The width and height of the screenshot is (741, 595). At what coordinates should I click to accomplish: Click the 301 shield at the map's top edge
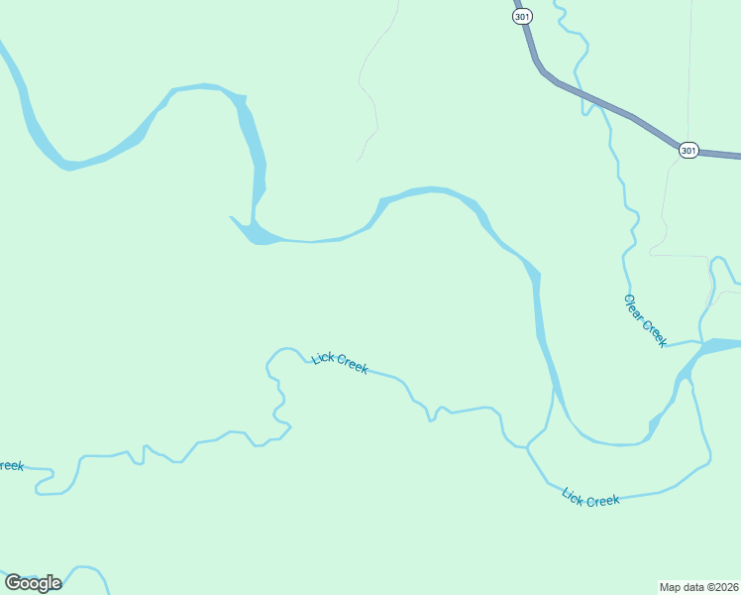click(523, 16)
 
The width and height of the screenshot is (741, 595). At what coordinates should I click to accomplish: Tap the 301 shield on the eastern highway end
click(688, 150)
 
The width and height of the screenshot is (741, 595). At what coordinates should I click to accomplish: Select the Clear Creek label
click(645, 320)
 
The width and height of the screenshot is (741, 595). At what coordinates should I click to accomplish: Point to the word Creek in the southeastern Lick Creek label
click(603, 500)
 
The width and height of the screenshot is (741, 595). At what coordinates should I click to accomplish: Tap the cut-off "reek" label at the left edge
click(11, 465)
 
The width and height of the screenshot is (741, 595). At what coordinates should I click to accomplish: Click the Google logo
click(32, 583)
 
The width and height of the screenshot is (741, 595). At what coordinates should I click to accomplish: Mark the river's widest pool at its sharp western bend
click(260, 234)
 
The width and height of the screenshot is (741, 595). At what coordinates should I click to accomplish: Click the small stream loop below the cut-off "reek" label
click(45, 483)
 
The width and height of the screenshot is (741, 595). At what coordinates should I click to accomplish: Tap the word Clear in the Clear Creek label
click(634, 306)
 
